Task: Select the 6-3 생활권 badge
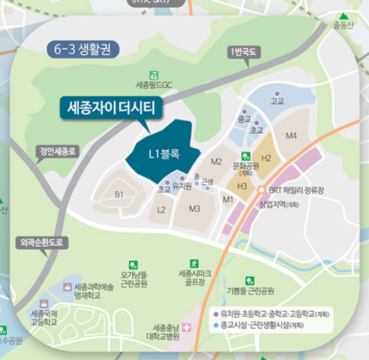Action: pos(83,49)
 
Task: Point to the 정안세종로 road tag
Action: pos(58,151)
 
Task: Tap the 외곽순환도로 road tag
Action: pos(41,243)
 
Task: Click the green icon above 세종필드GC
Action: pos(154,75)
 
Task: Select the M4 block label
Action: pos(291,136)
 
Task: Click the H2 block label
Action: pos(266,158)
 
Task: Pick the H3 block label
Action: pos(242,186)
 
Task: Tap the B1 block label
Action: pos(119,194)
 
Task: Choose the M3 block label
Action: pos(194,208)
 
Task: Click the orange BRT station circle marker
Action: pos(262,190)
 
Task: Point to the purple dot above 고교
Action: pos(277,94)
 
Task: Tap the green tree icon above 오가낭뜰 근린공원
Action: pos(134,265)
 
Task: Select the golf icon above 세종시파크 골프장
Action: pos(194,263)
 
